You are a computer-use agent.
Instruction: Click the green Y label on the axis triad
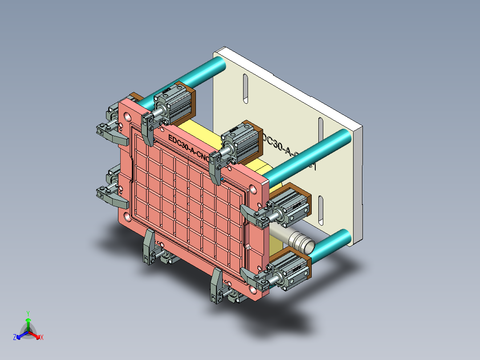click(x=28, y=313)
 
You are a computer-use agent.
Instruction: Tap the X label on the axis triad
click(x=42, y=338)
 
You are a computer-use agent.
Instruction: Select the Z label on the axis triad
click(x=15, y=338)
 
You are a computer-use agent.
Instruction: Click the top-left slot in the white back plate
click(x=245, y=89)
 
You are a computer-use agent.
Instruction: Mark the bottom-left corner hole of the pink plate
click(x=127, y=217)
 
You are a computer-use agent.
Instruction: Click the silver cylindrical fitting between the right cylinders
click(x=296, y=239)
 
